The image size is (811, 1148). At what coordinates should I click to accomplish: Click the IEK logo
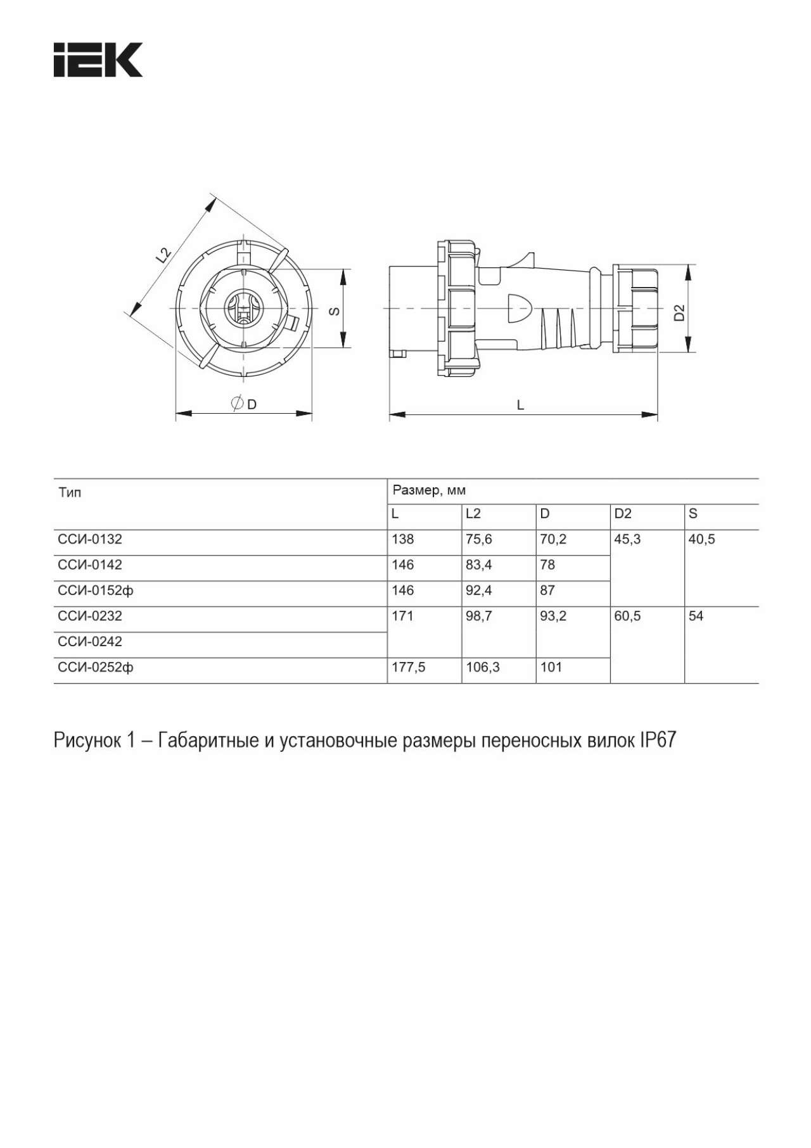pyautogui.click(x=98, y=60)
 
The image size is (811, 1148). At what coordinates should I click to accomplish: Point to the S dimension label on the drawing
pyautogui.click(x=335, y=310)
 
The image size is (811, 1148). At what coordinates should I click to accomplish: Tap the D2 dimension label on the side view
pyautogui.click(x=679, y=312)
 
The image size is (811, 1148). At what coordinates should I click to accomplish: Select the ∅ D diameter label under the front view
pyautogui.click(x=245, y=404)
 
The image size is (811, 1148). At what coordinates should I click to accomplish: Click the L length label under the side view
pyautogui.click(x=521, y=405)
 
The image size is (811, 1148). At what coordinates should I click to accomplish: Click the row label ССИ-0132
pyautogui.click(x=90, y=539)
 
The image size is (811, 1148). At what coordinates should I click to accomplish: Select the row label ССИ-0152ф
pyautogui.click(x=96, y=590)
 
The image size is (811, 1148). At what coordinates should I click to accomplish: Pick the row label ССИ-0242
pyautogui.click(x=90, y=641)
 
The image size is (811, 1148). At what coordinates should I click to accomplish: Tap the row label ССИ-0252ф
pyautogui.click(x=96, y=667)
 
